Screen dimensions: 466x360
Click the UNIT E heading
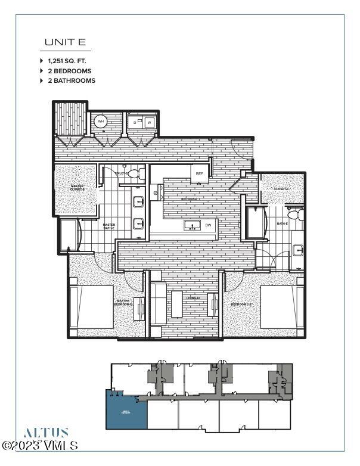point(65,42)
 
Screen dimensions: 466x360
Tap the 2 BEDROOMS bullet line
point(71,70)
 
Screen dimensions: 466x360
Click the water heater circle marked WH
point(101,122)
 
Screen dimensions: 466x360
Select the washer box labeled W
point(150,123)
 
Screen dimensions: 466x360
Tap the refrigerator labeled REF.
point(199,173)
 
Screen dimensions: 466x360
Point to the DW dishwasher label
point(208,226)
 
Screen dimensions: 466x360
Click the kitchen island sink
point(193,226)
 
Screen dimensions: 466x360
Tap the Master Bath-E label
point(109,226)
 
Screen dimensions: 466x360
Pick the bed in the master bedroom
point(92,307)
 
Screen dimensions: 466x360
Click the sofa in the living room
point(158,303)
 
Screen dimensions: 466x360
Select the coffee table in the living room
point(176,303)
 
